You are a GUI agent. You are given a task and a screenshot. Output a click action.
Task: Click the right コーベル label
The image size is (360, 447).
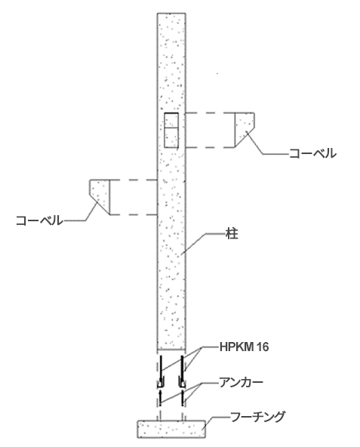tap(312, 154)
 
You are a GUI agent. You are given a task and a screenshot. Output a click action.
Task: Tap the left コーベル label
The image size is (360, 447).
tap(39, 220)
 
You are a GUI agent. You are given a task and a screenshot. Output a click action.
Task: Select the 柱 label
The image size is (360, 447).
tap(232, 233)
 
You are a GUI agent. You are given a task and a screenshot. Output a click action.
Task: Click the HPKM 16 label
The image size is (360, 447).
tap(244, 347)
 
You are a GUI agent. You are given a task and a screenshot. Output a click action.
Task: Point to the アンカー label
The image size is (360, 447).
tap(241, 383)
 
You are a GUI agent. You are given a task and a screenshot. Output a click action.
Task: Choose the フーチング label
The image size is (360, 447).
tap(257, 417)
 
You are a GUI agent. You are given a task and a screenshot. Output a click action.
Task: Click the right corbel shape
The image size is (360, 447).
tap(245, 130)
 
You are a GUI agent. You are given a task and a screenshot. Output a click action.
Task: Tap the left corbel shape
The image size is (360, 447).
tap(100, 197)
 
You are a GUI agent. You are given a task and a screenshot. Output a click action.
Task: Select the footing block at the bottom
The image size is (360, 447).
tap(171, 429)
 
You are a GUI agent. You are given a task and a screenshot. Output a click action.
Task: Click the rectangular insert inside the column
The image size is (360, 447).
tap(171, 131)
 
